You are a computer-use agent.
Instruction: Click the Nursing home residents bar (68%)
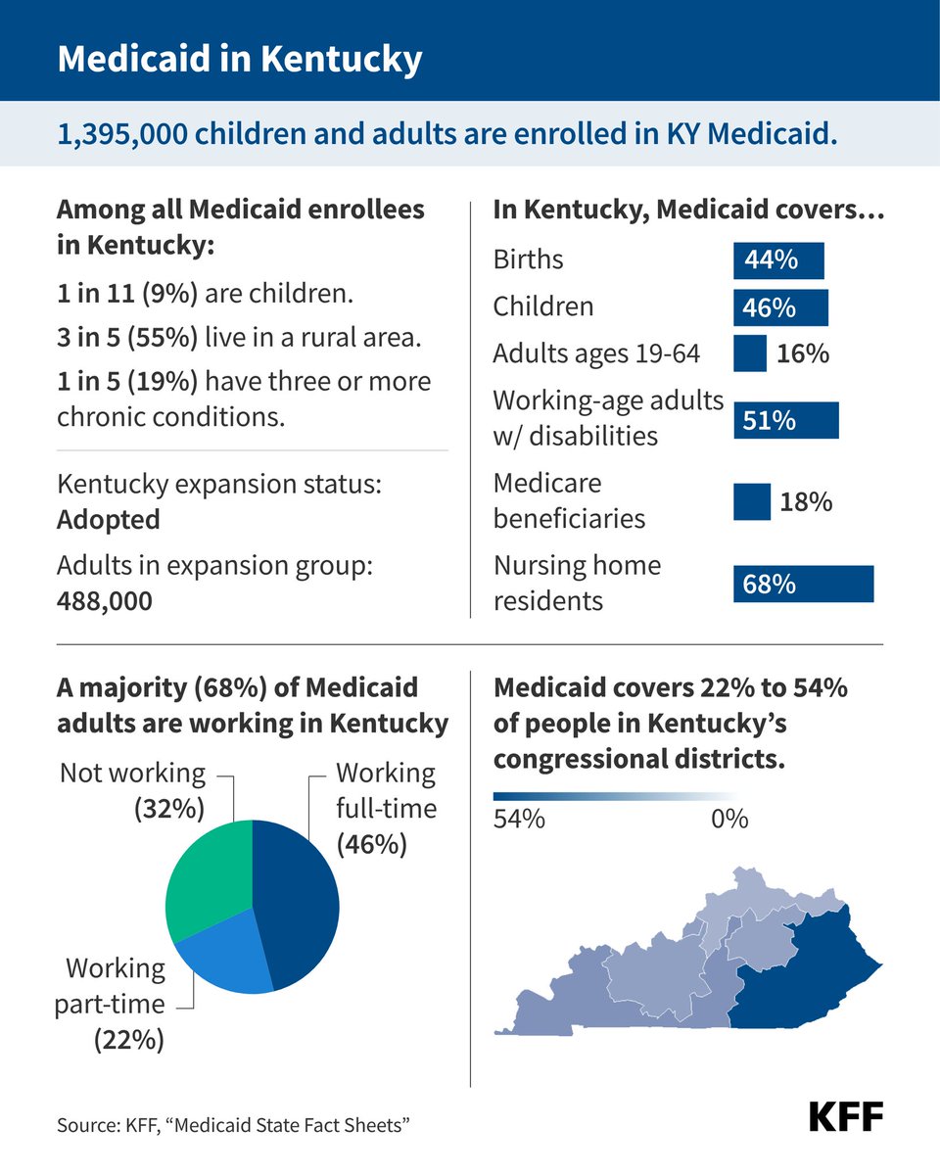pos(803,585)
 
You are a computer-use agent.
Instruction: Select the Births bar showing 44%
pos(778,261)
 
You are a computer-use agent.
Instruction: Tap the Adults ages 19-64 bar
pos(750,353)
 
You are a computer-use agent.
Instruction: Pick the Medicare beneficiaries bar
pos(752,502)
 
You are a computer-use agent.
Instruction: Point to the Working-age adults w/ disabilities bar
pos(785,420)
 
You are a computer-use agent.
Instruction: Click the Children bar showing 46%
pos(780,307)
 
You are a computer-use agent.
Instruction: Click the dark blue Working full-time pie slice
pos(299,901)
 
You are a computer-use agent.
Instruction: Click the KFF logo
pos(845,1116)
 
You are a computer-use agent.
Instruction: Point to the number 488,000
pos(105,600)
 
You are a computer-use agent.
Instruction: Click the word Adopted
pos(108,519)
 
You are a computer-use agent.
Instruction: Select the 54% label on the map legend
pos(519,819)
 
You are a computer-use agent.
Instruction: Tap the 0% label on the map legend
pos(728,819)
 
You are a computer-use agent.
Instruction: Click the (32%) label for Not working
pos(169,809)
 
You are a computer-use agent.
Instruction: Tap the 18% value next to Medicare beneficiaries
pos(806,502)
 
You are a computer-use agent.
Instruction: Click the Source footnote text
pos(232,1125)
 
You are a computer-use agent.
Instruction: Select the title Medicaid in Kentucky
pos(240,59)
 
